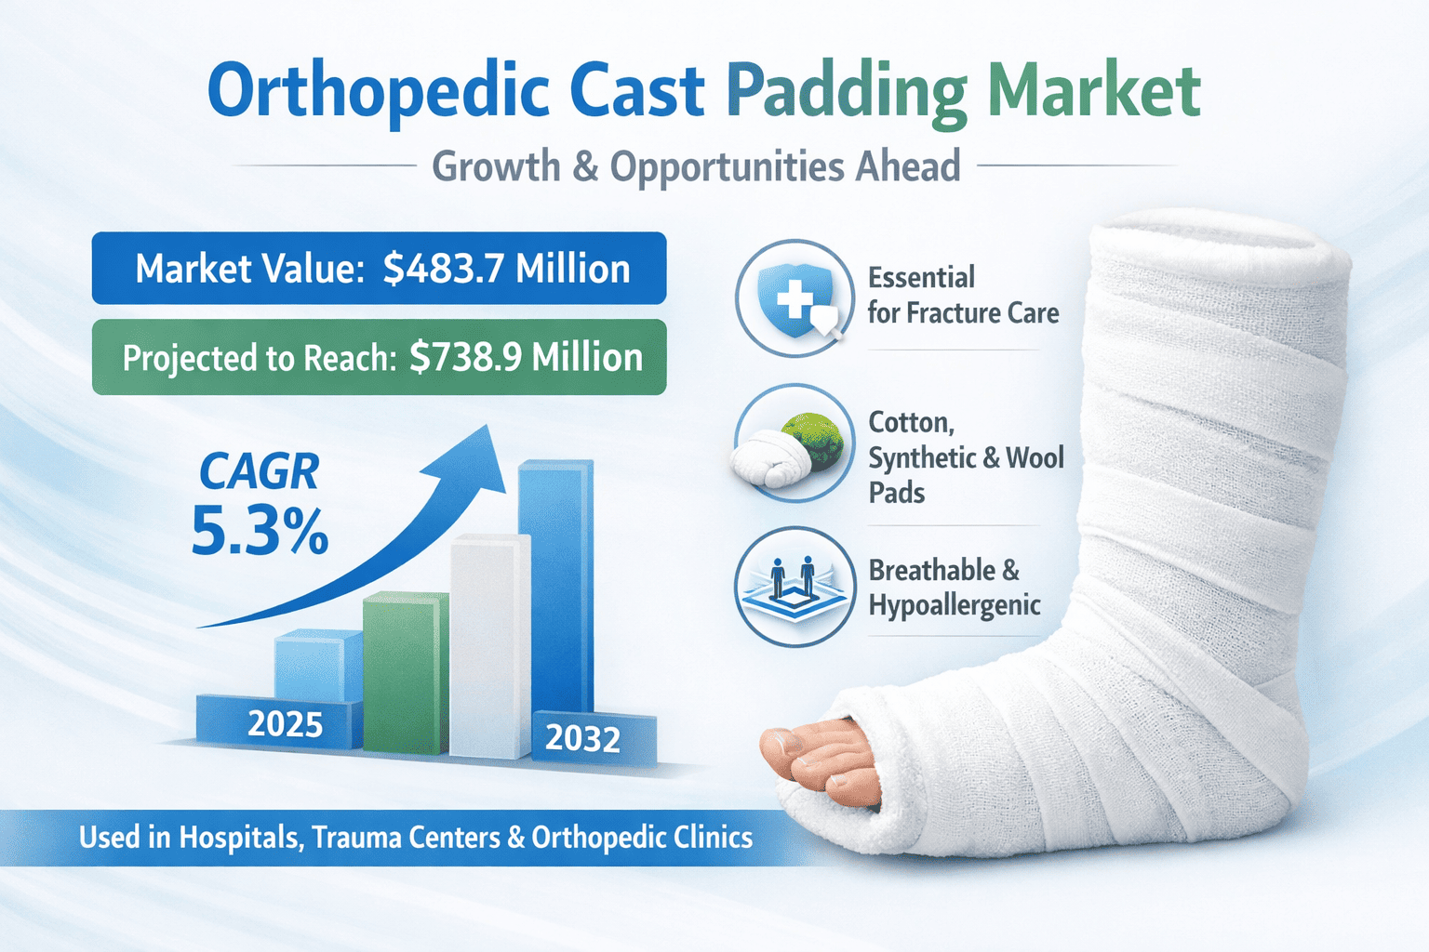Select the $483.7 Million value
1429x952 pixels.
pos(506,269)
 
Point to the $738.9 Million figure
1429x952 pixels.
pos(526,357)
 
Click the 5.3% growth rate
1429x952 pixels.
pos(260,530)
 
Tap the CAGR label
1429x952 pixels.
pos(259,472)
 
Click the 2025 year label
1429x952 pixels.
pos(286,723)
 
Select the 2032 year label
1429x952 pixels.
pos(582,739)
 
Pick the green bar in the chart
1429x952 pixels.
pos(406,673)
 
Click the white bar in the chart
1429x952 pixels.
pos(490,646)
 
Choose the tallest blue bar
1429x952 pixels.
pos(555,587)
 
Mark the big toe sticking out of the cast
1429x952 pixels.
pos(795,748)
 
